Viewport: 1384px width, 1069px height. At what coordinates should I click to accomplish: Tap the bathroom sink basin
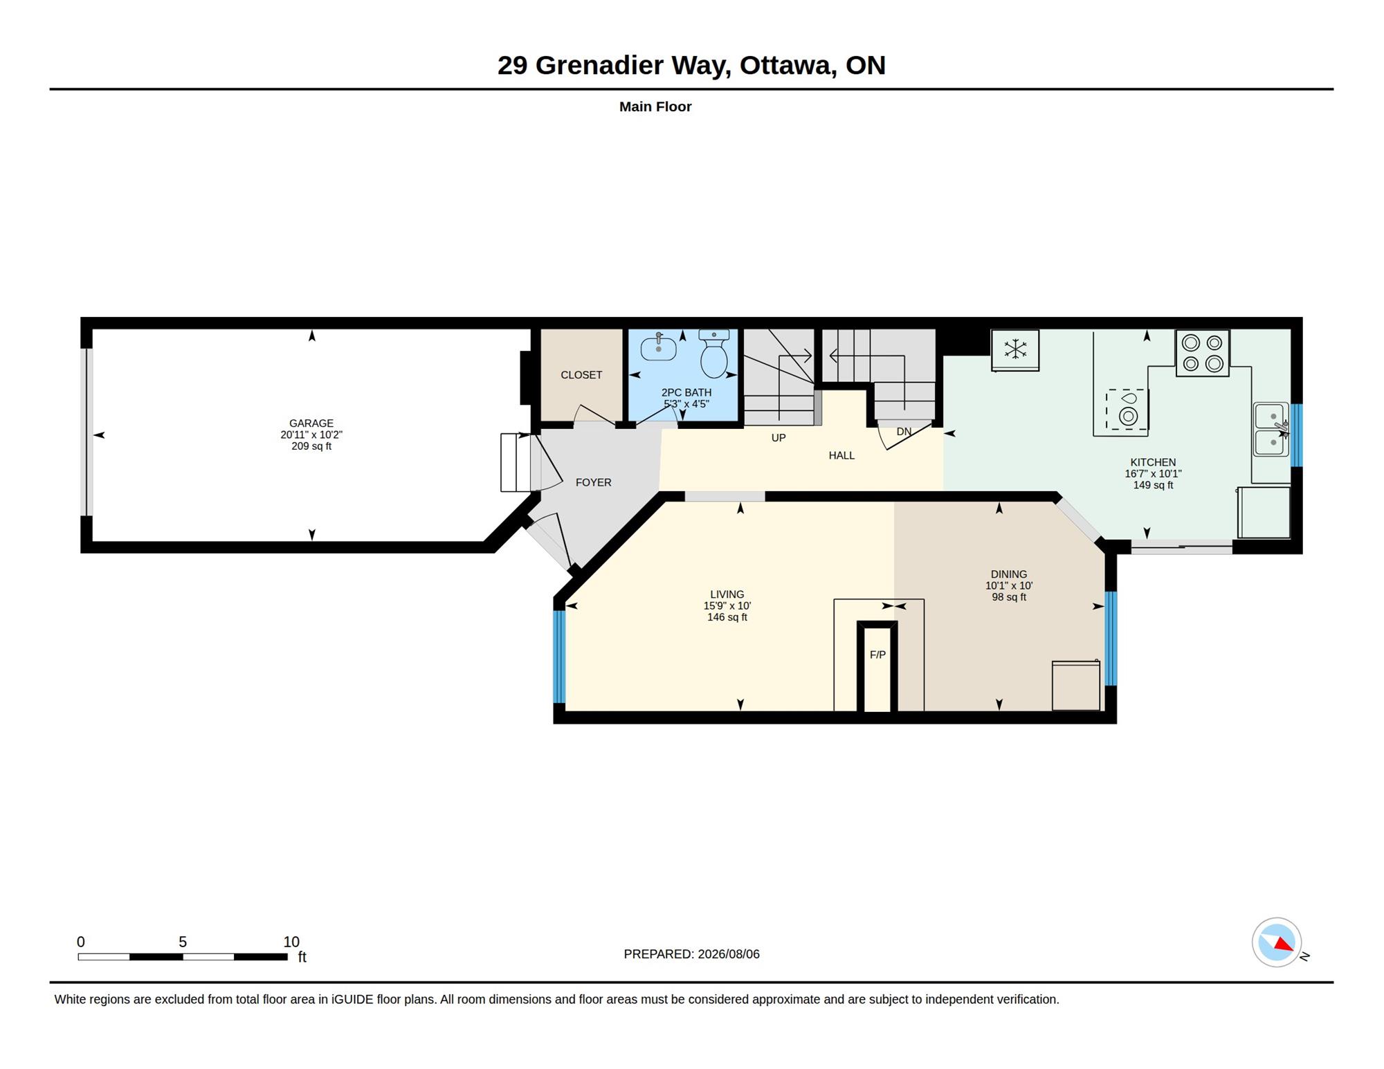click(658, 347)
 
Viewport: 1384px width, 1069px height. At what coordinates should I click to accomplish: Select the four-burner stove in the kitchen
click(1202, 353)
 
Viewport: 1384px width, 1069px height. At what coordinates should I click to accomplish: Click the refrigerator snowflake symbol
click(1015, 349)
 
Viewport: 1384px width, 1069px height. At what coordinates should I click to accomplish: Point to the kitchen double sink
click(1272, 430)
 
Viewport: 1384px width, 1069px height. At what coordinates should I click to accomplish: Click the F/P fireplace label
click(877, 655)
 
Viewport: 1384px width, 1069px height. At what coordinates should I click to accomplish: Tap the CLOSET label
click(581, 375)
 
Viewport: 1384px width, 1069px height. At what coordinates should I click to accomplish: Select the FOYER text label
click(594, 482)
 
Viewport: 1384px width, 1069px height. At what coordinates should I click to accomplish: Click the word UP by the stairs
click(778, 438)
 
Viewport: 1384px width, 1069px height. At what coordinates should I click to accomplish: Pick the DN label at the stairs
click(904, 432)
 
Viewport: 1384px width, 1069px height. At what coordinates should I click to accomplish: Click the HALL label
click(841, 455)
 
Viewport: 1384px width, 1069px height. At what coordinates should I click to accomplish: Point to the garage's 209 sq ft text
click(311, 446)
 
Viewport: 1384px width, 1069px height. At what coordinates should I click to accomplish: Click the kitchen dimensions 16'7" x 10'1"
click(1153, 474)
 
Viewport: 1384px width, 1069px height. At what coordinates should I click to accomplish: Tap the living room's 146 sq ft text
click(727, 617)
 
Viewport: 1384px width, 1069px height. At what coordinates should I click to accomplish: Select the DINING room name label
click(1009, 574)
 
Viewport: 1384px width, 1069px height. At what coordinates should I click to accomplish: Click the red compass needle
click(1284, 944)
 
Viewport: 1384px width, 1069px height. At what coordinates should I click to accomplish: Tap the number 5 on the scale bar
click(183, 942)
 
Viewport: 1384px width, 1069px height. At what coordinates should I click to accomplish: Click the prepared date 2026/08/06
click(729, 954)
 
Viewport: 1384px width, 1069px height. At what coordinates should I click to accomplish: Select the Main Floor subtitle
click(655, 107)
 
